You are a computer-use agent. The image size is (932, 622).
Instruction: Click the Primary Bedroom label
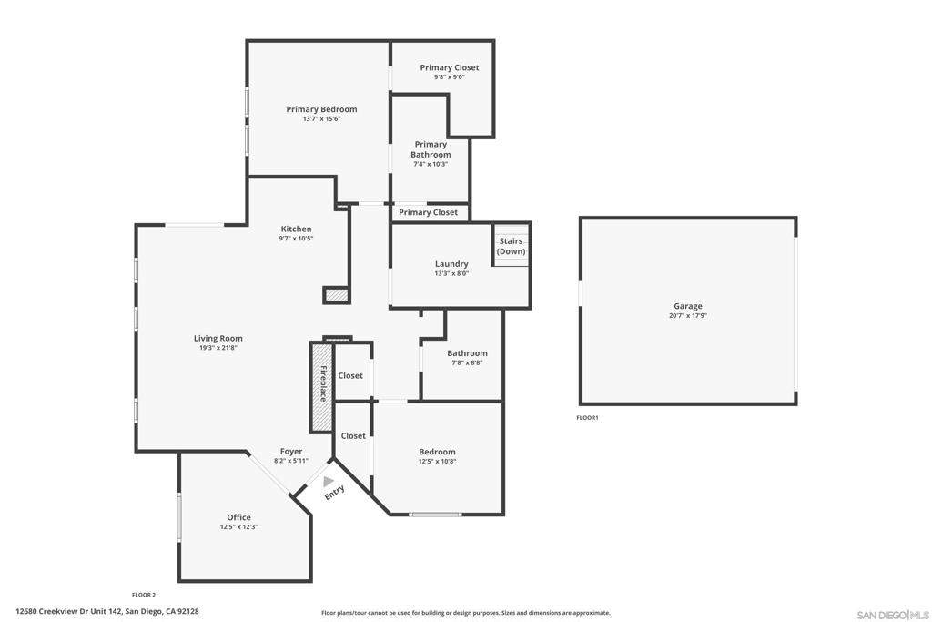321,109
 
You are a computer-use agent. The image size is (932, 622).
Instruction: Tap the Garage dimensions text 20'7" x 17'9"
688,316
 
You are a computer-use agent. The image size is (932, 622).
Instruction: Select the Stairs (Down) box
512,245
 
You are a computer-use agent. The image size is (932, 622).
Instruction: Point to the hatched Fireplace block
321,386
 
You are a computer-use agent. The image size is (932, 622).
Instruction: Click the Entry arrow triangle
328,481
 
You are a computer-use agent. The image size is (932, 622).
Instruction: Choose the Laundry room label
451,263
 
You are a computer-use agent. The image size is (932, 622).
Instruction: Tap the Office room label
239,517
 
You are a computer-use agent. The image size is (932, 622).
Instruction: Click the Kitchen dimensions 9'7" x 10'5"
296,239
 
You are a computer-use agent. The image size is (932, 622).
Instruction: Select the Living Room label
218,339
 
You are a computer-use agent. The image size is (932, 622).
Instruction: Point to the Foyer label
291,452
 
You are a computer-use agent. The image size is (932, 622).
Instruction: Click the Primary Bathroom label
431,149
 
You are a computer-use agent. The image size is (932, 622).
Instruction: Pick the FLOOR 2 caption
144,595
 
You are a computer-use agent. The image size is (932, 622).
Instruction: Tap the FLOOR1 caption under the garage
587,417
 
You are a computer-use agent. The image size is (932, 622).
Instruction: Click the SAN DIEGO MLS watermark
893,615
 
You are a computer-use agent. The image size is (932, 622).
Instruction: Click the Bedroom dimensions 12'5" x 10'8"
438,462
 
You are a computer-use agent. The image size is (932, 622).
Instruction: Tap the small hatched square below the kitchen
337,295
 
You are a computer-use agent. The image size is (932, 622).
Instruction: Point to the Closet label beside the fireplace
350,376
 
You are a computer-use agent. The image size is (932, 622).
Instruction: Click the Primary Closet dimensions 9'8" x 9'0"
450,77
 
